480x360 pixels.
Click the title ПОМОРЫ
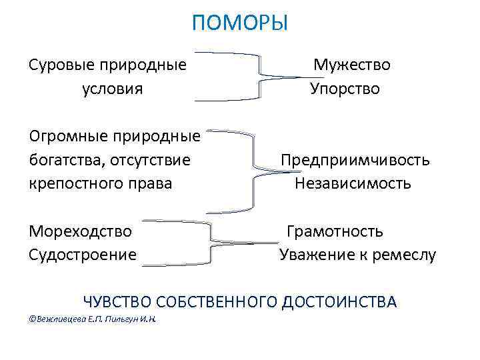(239, 24)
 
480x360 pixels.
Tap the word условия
(112, 89)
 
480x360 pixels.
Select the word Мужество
(352, 65)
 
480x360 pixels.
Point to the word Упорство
(345, 89)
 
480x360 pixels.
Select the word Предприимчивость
(355, 160)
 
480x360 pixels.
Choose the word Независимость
(353, 183)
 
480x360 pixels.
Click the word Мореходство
(80, 231)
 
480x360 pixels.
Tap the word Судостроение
(83, 254)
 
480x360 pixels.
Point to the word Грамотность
(335, 231)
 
